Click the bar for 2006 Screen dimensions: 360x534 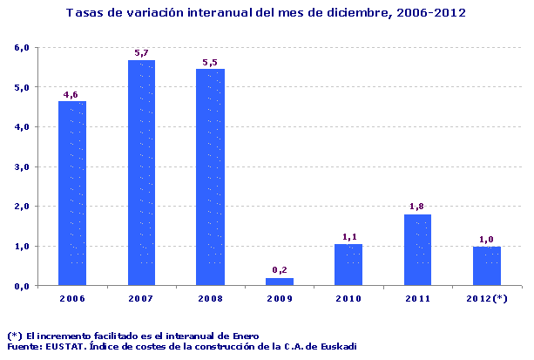tap(72, 193)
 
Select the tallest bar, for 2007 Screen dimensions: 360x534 tap(141, 173)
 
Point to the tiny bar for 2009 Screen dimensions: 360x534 tap(280, 282)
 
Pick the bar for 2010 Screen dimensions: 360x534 tap(348, 264)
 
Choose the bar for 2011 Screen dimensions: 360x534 tap(417, 250)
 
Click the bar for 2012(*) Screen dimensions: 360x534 tap(486, 266)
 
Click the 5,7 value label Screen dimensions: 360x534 tap(141, 53)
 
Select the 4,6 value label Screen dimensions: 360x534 tap(72, 94)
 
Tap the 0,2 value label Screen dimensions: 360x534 tap(280, 270)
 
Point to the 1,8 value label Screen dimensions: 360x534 tap(417, 207)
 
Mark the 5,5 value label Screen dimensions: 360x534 tap(210, 62)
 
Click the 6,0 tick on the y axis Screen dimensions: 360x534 tap(22, 47)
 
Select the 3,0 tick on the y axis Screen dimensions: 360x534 tap(22, 166)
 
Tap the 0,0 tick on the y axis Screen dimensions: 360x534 tap(22, 286)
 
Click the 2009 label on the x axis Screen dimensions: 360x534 tap(280, 299)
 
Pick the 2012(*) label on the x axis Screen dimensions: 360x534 tap(486, 299)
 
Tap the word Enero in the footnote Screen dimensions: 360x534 tap(242, 336)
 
